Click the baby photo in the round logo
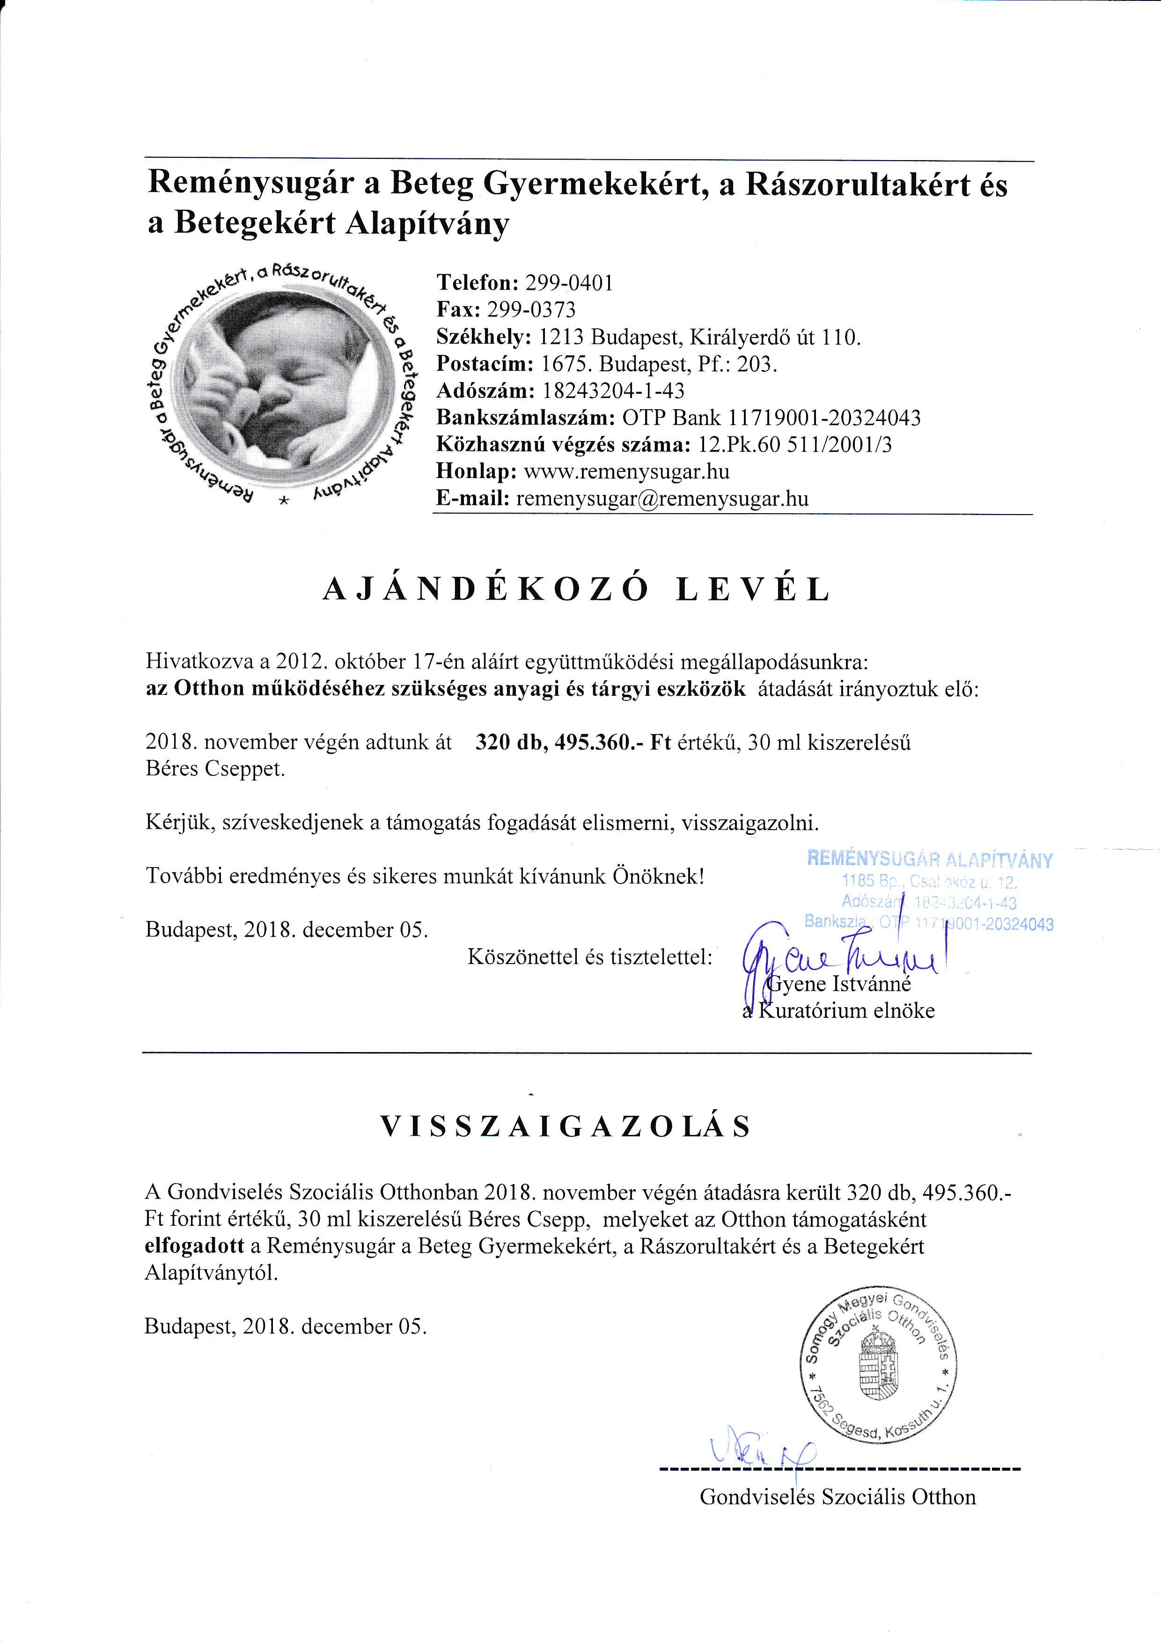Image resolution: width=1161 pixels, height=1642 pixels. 282,390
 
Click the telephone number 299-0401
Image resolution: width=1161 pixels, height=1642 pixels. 569,283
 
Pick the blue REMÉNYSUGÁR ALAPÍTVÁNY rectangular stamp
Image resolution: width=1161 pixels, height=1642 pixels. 929,891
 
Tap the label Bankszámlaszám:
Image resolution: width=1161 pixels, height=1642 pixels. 525,418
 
